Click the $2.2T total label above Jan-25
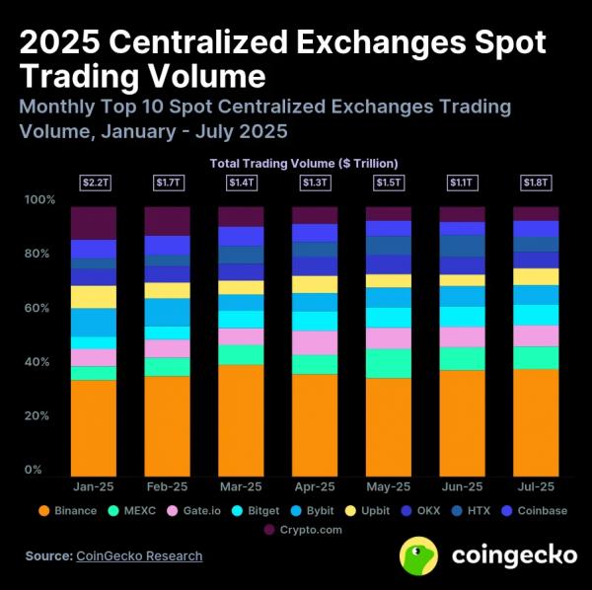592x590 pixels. [94, 183]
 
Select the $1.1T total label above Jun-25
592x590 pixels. [462, 183]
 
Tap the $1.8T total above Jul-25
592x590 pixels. [536, 183]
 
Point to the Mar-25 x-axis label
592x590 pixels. [241, 486]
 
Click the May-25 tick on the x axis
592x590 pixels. [388, 486]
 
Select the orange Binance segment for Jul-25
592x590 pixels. [536, 422]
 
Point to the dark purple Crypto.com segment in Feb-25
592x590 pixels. [167, 221]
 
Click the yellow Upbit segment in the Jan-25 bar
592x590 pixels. [94, 297]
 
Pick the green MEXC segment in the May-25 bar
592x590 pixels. [388, 363]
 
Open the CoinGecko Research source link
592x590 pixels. [139, 555]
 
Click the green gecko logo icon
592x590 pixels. [419, 555]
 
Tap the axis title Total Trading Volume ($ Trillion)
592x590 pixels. [304, 163]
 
